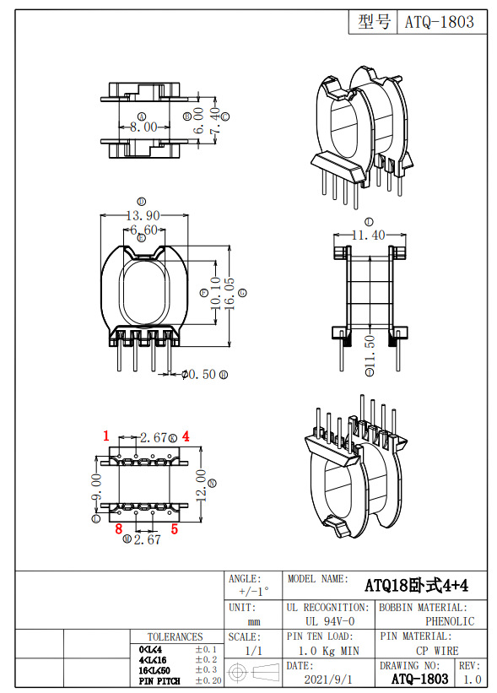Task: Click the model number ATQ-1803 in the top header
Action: pos(440,22)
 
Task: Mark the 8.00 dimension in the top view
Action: pos(143,127)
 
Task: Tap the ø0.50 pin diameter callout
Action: pos(198,374)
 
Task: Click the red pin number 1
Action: pos(106,436)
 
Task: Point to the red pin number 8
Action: pos(119,529)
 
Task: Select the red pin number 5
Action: pos(175,529)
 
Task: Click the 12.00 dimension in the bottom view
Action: pos(201,485)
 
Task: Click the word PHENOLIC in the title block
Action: pos(450,620)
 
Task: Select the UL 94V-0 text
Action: pos(327,620)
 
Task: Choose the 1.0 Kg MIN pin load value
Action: pos(328,651)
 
